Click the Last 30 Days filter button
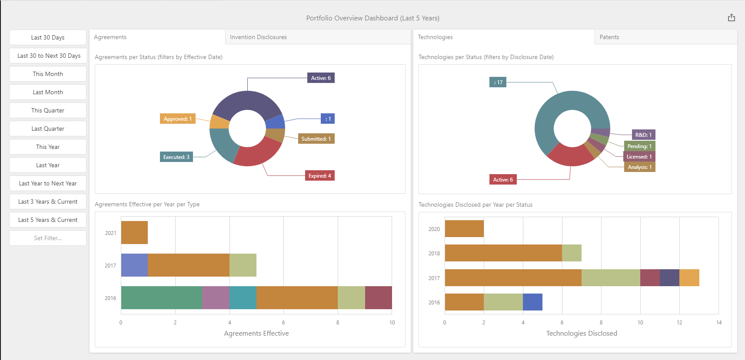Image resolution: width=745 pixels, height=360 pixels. point(48,37)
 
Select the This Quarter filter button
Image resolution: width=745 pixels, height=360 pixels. point(48,110)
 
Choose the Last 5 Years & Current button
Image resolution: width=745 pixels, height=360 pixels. point(48,220)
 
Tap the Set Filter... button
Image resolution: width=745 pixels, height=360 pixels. point(48,238)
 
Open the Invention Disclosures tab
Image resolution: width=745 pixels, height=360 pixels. point(258,37)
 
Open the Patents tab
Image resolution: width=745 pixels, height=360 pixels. point(609,37)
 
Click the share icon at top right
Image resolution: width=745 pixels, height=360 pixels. point(732,18)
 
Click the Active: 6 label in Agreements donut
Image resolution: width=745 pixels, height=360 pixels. point(321,78)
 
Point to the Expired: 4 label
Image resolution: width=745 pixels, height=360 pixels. point(319,176)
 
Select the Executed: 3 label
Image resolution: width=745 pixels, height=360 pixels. point(176,157)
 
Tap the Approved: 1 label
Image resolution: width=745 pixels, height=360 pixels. point(177,119)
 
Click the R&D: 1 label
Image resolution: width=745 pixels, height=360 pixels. point(643,135)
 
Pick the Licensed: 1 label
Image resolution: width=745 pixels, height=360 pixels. point(639,157)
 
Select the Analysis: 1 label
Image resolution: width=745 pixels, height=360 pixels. point(639,167)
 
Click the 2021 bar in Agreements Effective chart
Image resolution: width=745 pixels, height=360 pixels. point(134,232)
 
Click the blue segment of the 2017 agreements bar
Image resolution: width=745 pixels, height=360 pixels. point(134,265)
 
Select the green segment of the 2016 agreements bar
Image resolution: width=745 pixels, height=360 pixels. point(162,297)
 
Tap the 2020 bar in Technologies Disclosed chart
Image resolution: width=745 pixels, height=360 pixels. point(464,229)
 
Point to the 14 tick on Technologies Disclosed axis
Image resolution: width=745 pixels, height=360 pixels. point(719,323)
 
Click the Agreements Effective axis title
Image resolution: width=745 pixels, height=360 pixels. point(256,334)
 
